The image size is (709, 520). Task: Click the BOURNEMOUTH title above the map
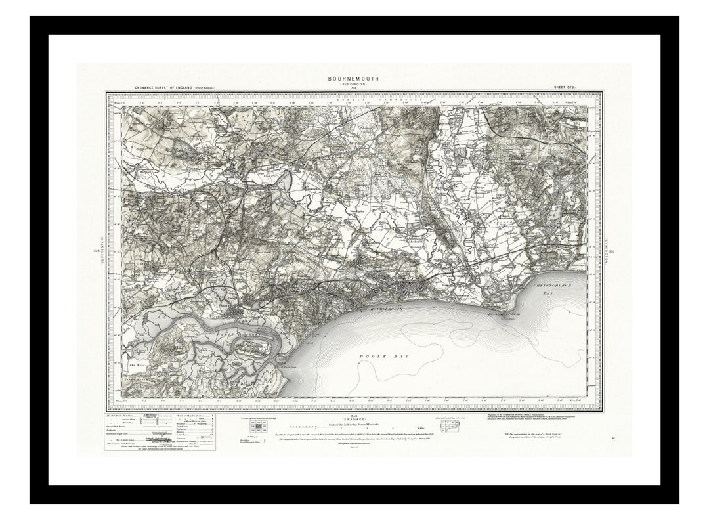(x=353, y=79)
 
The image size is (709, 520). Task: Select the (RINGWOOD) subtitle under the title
(x=353, y=85)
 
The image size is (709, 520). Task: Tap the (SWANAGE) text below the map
(x=353, y=420)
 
